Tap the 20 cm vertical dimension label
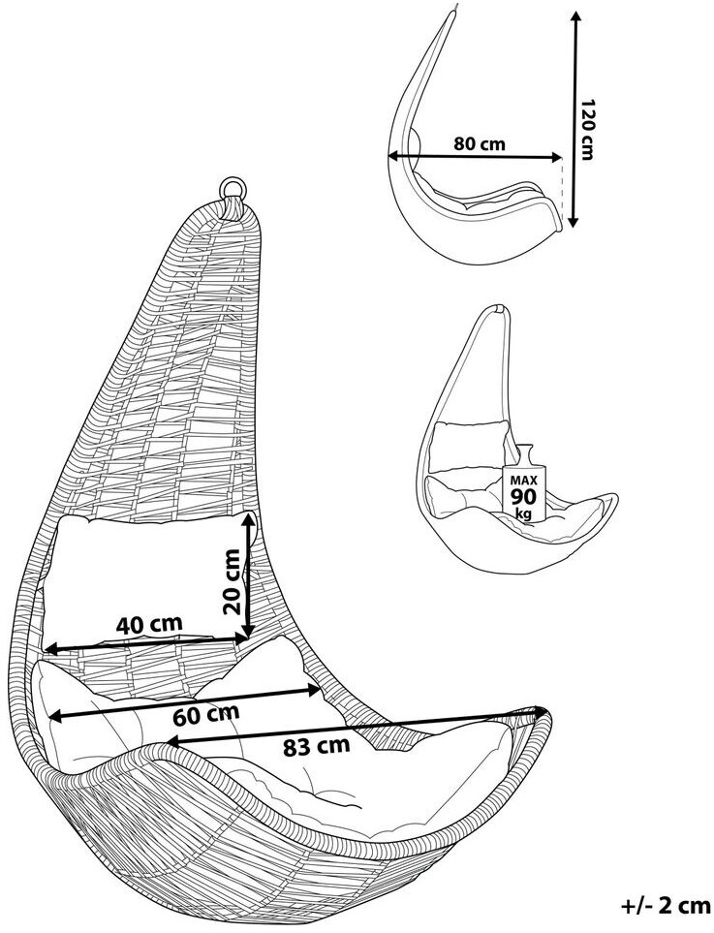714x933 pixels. click(231, 581)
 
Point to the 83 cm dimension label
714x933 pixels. click(316, 747)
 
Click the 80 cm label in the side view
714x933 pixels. click(480, 144)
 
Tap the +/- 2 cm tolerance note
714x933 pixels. click(665, 906)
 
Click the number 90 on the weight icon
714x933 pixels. click(522, 496)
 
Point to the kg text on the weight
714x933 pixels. click(523, 513)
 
